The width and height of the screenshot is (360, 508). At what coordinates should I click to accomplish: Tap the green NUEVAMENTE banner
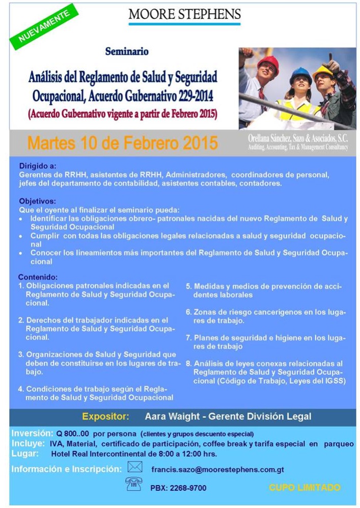[44, 26]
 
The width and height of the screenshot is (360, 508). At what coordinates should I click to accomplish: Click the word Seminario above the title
[127, 51]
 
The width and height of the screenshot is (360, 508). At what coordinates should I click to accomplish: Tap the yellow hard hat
[322, 71]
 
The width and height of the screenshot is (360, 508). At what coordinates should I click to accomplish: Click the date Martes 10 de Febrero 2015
[122, 143]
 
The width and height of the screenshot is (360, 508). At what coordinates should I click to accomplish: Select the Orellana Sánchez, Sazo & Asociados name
[298, 138]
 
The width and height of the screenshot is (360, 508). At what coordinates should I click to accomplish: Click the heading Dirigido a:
[38, 166]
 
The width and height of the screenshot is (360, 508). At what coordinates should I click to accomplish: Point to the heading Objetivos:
[37, 201]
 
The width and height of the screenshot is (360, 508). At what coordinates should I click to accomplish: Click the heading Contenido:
[38, 277]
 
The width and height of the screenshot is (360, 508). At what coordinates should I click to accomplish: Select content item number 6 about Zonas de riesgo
[266, 316]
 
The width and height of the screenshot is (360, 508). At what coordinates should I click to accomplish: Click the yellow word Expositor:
[105, 416]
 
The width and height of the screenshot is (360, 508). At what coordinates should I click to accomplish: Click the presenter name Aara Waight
[172, 416]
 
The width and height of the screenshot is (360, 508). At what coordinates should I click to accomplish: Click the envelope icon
[134, 467]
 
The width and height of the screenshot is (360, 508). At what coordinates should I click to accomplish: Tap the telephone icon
[133, 484]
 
